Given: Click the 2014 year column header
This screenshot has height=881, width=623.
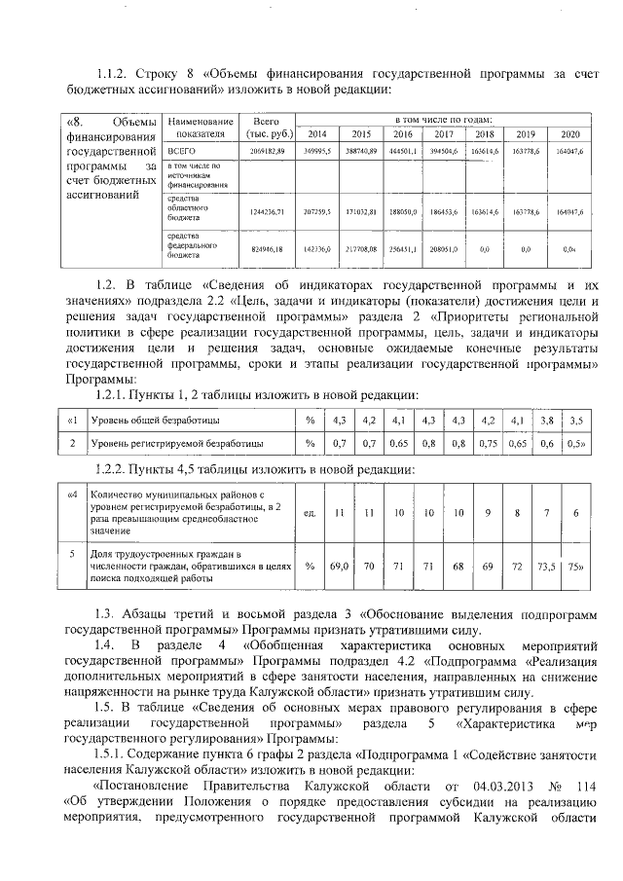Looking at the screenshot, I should (x=317, y=133).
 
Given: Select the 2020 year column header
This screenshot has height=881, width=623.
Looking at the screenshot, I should (x=570, y=133).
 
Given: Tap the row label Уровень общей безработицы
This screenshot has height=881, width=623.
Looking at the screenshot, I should (x=155, y=420).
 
